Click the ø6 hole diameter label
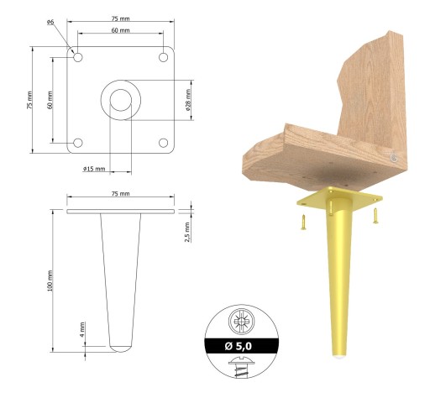(50, 22)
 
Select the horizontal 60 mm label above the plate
(121, 30)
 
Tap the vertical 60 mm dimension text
(50, 100)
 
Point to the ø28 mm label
(188, 100)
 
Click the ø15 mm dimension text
(94, 169)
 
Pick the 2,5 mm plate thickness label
(187, 232)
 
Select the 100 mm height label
(50, 280)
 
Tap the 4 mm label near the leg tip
(82, 329)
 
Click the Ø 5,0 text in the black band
(239, 346)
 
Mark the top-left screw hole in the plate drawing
(78, 57)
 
